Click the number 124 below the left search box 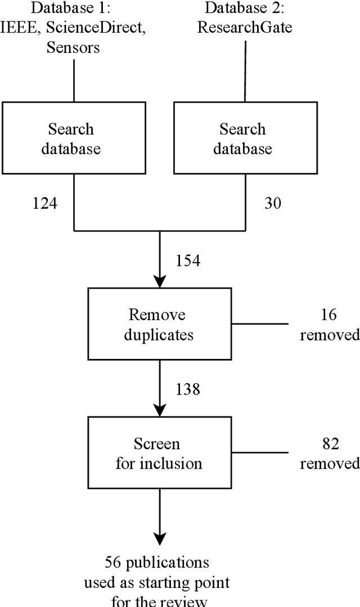pyautogui.click(x=44, y=203)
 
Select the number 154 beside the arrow pyautogui.click(x=188, y=260)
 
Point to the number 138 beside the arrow pyautogui.click(x=188, y=389)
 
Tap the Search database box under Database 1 pyautogui.click(x=73, y=138)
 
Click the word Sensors pyautogui.click(x=73, y=48)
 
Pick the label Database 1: pyautogui.click(x=73, y=8)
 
